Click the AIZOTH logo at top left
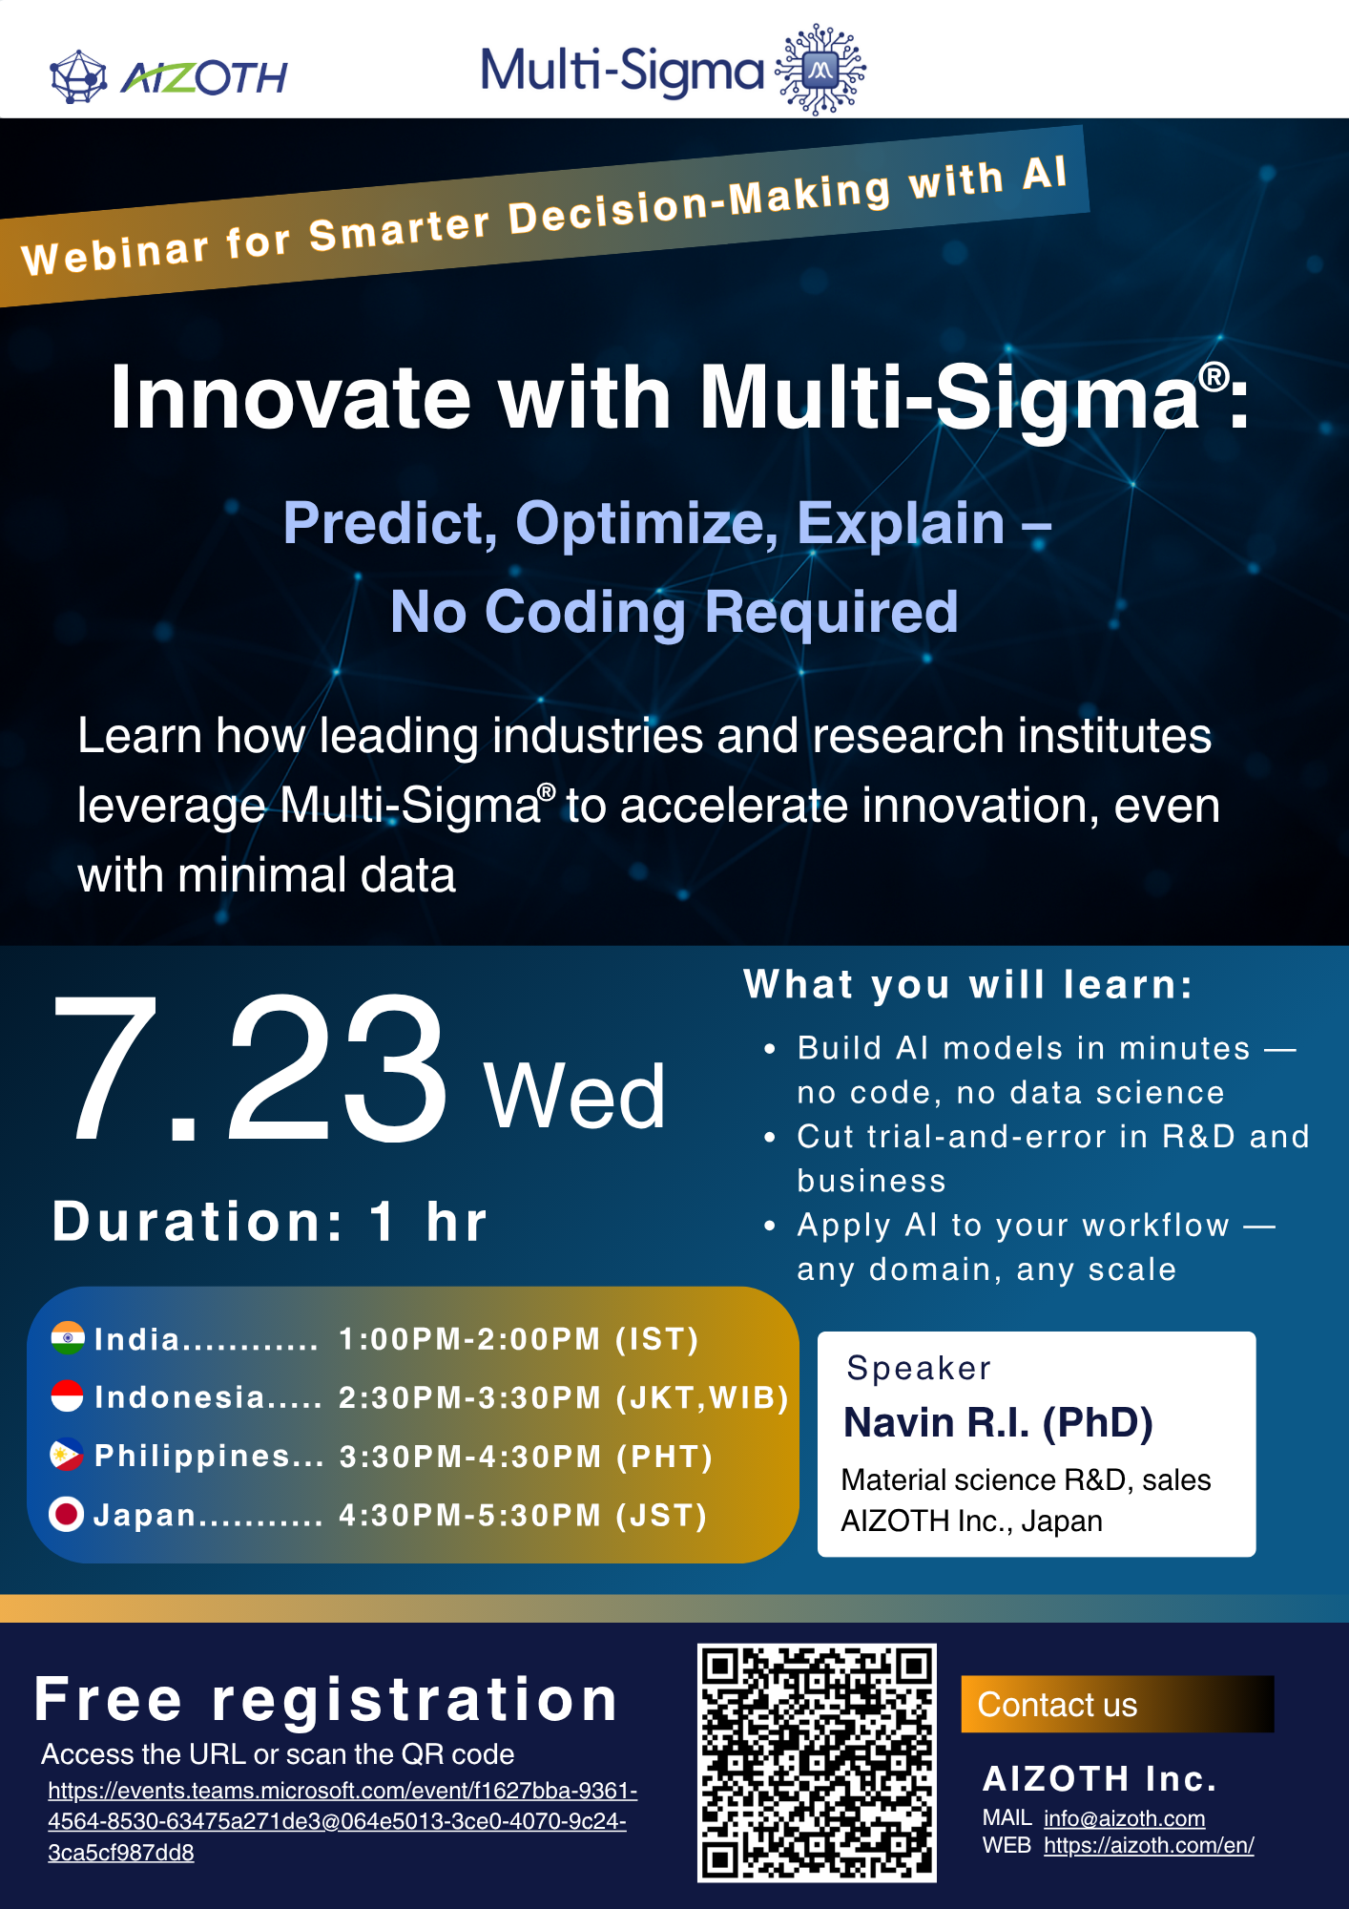(168, 76)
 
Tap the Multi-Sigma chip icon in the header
(820, 70)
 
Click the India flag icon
(68, 1338)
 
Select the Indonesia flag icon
(68, 1396)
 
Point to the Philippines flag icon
(67, 1455)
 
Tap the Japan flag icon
(67, 1514)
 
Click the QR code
(817, 1762)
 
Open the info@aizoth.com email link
(1124, 1818)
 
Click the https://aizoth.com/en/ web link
(1149, 1845)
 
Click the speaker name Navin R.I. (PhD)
(998, 1422)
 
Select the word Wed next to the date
(574, 1098)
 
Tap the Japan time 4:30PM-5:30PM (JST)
(523, 1515)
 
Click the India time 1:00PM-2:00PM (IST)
(519, 1339)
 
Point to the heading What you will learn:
(968, 984)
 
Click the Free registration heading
(326, 1700)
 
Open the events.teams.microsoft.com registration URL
(342, 1820)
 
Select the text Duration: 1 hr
(270, 1222)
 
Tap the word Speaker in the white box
(919, 1368)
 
